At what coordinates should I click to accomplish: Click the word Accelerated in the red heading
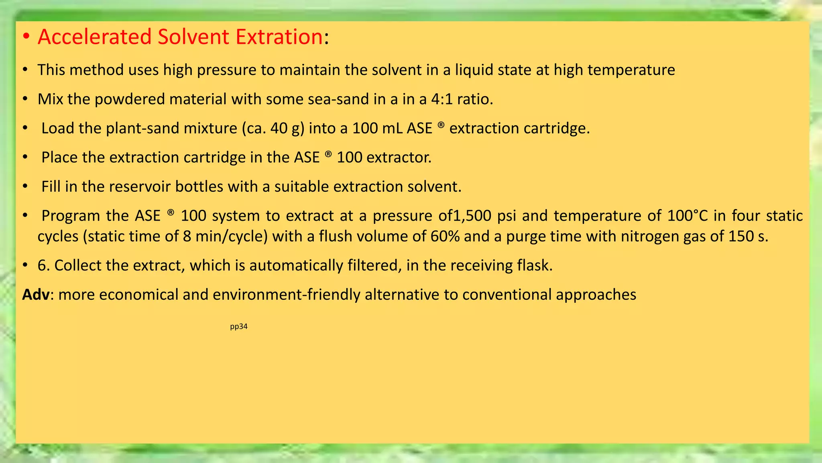click(x=94, y=37)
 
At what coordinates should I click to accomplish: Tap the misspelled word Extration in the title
click(x=279, y=37)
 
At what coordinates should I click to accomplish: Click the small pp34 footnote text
click(x=238, y=327)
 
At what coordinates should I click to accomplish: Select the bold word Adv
click(x=36, y=295)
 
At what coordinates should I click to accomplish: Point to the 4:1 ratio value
click(x=442, y=99)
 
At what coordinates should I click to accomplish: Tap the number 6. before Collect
click(x=43, y=266)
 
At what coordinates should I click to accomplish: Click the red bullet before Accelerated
click(x=26, y=37)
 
